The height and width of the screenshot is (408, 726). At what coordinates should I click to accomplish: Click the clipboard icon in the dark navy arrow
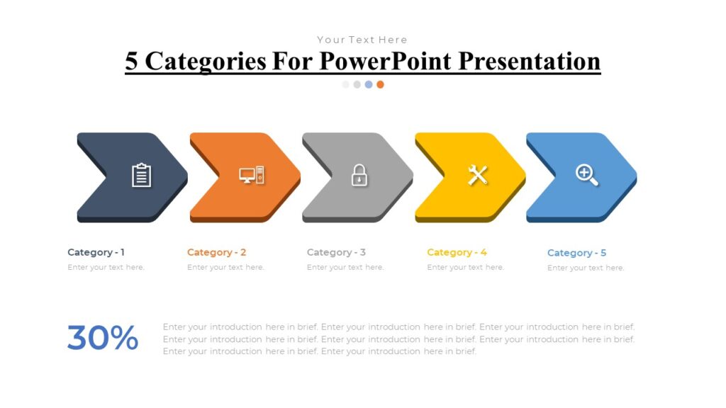[x=142, y=175]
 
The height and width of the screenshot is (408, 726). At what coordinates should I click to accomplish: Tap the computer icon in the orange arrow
[x=252, y=175]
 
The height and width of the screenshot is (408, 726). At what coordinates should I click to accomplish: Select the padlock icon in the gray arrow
[x=359, y=175]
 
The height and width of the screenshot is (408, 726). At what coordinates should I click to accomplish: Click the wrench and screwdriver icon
[x=477, y=174]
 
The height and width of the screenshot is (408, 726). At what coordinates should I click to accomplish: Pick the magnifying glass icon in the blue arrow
[x=586, y=174]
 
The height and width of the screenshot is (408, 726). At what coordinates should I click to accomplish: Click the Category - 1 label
[x=96, y=252]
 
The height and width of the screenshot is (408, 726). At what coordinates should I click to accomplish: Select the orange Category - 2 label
[x=216, y=252]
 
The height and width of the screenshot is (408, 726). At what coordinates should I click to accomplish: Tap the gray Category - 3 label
[x=336, y=252]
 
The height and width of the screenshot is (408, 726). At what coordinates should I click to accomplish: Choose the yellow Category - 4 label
[x=457, y=252]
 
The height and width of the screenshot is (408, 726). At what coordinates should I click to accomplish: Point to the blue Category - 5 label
[x=576, y=253]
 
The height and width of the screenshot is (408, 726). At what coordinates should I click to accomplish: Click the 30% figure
[x=103, y=339]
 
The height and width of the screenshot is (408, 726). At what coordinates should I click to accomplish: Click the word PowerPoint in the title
[x=384, y=61]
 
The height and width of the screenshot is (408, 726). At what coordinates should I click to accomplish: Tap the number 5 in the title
[x=132, y=61]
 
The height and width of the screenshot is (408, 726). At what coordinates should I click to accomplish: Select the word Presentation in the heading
[x=529, y=61]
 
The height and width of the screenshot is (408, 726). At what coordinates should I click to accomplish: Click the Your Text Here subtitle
[x=362, y=40]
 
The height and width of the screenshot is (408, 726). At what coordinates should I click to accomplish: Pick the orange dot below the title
[x=380, y=84]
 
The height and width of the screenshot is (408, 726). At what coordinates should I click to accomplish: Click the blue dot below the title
[x=369, y=84]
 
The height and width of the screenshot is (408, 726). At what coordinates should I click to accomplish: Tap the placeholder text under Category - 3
[x=345, y=268]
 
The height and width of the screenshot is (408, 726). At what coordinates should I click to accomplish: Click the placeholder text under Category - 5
[x=586, y=268]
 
